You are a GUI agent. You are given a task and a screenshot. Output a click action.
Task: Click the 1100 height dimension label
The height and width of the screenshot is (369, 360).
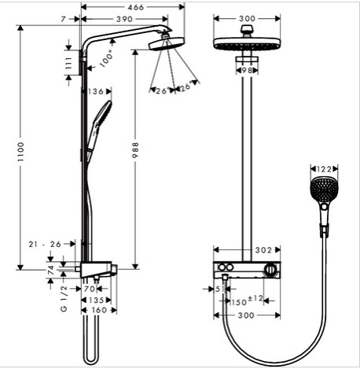(21, 152)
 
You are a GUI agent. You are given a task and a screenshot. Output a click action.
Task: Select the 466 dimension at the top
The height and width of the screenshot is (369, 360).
(136, 7)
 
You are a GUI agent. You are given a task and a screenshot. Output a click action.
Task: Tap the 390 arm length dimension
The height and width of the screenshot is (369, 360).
(124, 19)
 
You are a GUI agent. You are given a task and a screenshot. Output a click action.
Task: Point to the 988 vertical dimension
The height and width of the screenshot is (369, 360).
(135, 150)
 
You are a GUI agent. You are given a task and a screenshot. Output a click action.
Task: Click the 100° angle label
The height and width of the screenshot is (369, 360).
(106, 59)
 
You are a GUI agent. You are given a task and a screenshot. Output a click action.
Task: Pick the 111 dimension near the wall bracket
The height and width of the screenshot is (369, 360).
(68, 63)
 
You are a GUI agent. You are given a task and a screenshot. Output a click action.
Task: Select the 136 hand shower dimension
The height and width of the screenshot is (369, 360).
(96, 91)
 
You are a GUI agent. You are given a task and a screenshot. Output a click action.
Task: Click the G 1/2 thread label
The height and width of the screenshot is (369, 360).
(64, 299)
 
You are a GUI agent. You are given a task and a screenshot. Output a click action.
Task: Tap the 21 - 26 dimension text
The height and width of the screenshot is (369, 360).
(45, 244)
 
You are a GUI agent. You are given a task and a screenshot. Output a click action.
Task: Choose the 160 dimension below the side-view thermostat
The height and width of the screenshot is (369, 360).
(99, 310)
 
